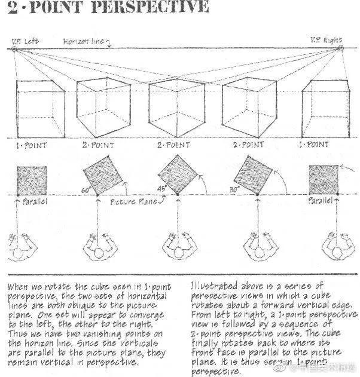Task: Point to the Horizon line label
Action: click(x=82, y=41)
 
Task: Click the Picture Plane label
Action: click(x=133, y=202)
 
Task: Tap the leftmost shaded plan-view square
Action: click(x=29, y=180)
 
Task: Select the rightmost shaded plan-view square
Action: click(x=323, y=179)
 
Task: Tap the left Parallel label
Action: click(x=35, y=202)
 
